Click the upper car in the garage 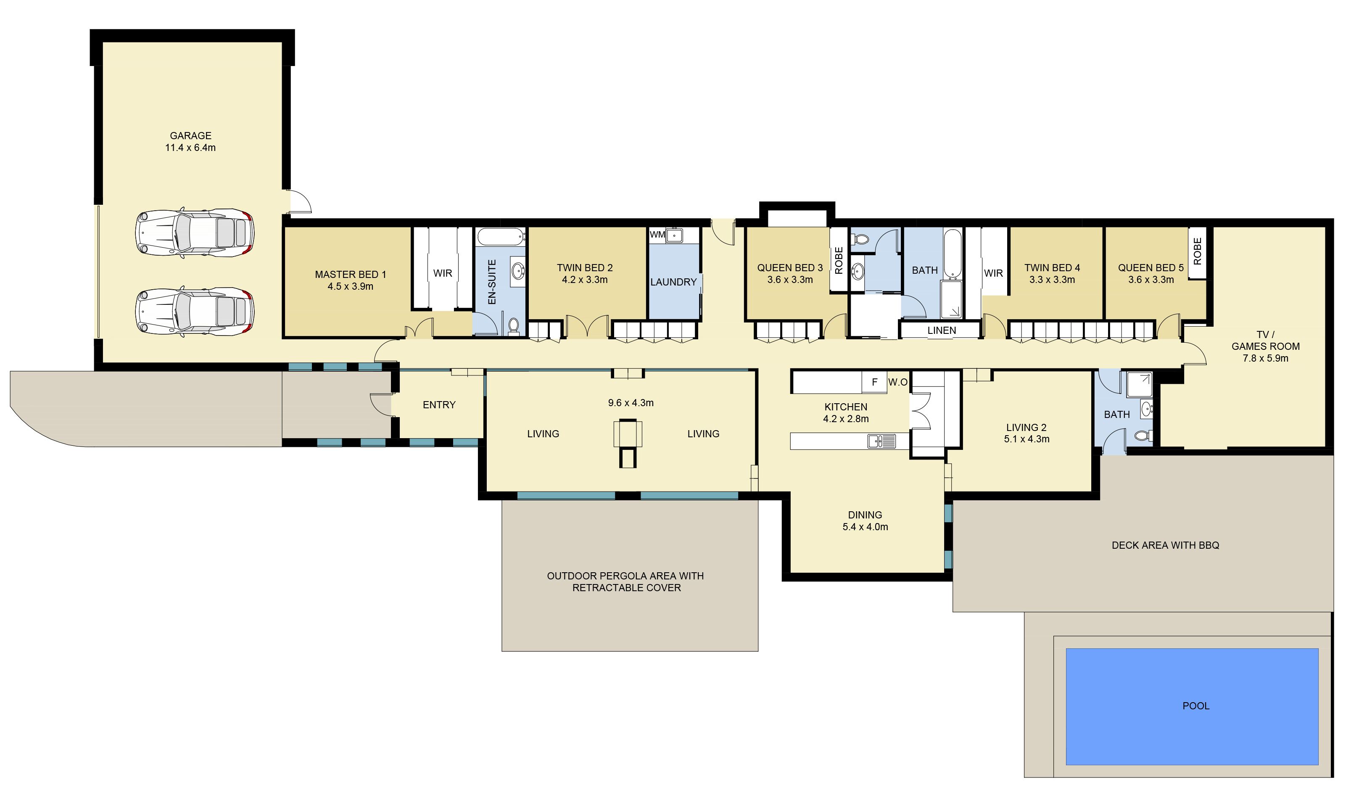click(x=195, y=233)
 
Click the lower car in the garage click(x=195, y=311)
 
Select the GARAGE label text click(x=190, y=136)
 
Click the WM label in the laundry click(x=657, y=235)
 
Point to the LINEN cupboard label click(x=942, y=330)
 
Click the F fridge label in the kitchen click(x=875, y=382)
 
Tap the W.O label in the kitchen click(x=898, y=382)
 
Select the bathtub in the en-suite click(x=501, y=236)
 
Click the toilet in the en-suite click(x=513, y=326)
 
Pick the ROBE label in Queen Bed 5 click(x=1197, y=251)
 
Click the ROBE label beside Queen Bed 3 click(x=839, y=261)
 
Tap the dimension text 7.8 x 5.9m click(x=1265, y=358)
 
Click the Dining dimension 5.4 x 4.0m click(x=865, y=527)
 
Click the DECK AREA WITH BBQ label click(x=1165, y=545)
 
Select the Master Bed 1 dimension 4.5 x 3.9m click(x=351, y=286)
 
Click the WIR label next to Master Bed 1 click(x=443, y=273)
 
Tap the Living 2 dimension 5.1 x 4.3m click(x=1026, y=439)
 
